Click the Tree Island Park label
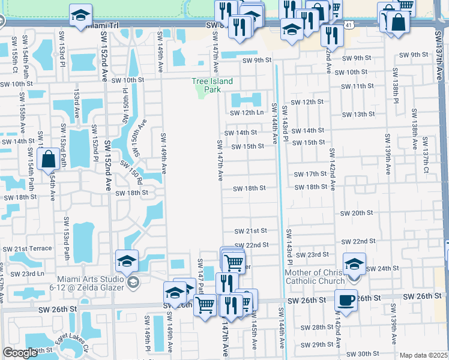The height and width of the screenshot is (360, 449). (212, 85)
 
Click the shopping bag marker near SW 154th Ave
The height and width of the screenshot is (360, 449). (47, 160)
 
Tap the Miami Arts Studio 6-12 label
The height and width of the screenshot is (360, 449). (90, 283)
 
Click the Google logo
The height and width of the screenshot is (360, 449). (19, 353)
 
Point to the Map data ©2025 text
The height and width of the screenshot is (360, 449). (423, 355)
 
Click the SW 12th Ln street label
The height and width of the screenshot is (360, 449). (247, 113)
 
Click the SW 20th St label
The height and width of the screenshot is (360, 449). (357, 213)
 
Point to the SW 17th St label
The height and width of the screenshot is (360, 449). (310, 174)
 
